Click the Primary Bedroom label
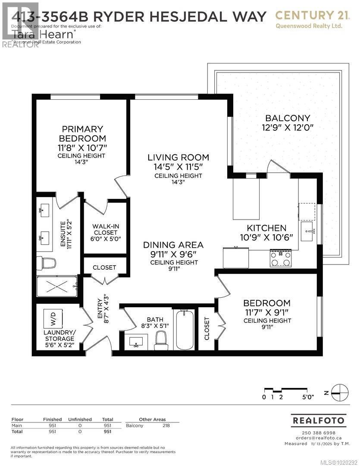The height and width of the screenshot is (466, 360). [82, 134]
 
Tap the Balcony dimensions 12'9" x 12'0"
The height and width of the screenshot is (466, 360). [287, 127]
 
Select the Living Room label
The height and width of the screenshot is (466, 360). [178, 157]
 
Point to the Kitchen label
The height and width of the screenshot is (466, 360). [266, 228]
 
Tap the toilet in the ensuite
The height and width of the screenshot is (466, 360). [47, 263]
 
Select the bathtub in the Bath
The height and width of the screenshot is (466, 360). [184, 330]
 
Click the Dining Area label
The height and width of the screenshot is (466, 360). [173, 245]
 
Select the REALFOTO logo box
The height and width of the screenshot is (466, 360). [319, 420]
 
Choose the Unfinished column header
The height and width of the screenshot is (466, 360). [79, 419]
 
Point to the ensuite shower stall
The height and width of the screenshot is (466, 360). [56, 286]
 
